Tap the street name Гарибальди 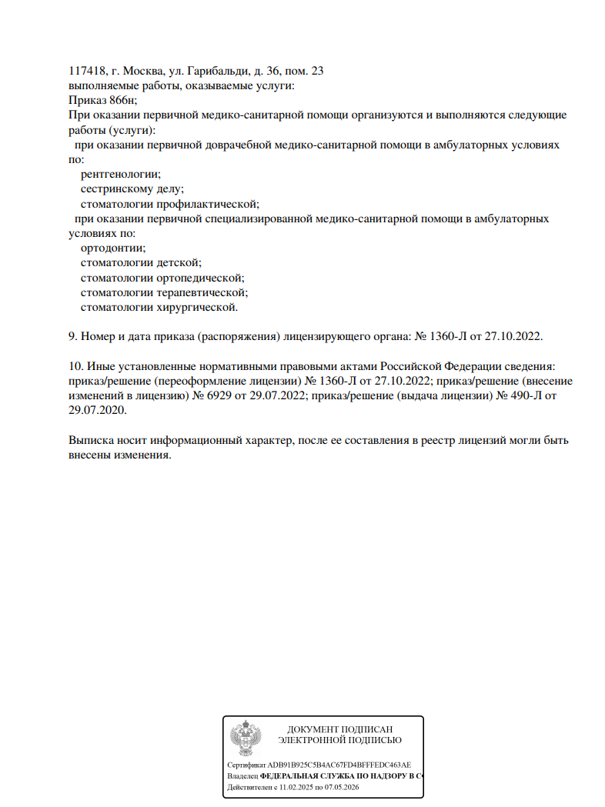[x=206, y=71]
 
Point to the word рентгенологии [x=120, y=174]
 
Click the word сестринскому [x=115, y=188]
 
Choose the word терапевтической [x=202, y=292]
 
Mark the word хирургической [x=197, y=307]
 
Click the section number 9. [x=72, y=337]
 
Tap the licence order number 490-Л [x=524, y=395]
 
